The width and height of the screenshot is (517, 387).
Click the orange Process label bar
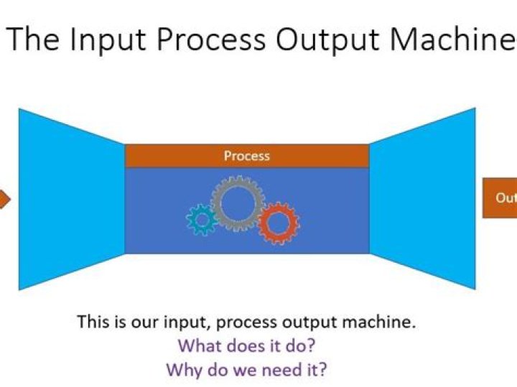pos(247,156)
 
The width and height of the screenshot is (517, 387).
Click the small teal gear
pos(202,219)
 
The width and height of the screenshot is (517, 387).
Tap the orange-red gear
pos(279,223)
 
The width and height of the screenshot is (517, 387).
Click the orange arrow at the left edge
pos(4,199)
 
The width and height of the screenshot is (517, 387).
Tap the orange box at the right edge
pos(500,199)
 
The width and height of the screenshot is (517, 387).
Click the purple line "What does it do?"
pos(247,345)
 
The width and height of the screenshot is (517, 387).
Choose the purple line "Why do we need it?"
pos(247,370)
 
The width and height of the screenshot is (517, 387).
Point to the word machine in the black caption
pos(379,322)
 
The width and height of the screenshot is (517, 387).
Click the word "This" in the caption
pos(93,322)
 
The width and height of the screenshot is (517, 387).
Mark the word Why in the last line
pos(184,370)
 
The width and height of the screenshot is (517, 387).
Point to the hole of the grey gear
pos(237,203)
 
